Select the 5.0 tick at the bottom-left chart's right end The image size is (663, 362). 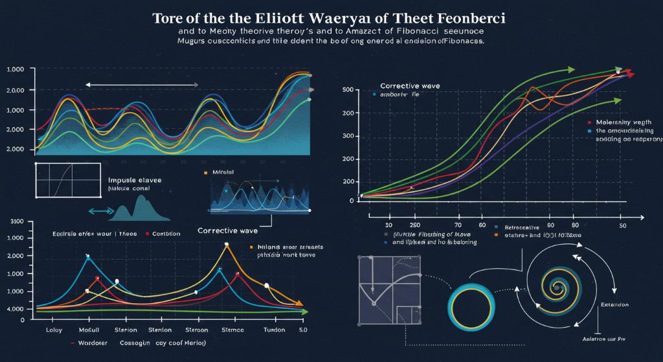[301, 330]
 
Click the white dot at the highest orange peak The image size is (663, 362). [227, 245]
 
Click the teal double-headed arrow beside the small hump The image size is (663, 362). [99, 211]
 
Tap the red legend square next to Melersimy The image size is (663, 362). [589, 122]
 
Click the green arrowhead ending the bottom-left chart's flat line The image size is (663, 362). [304, 312]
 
